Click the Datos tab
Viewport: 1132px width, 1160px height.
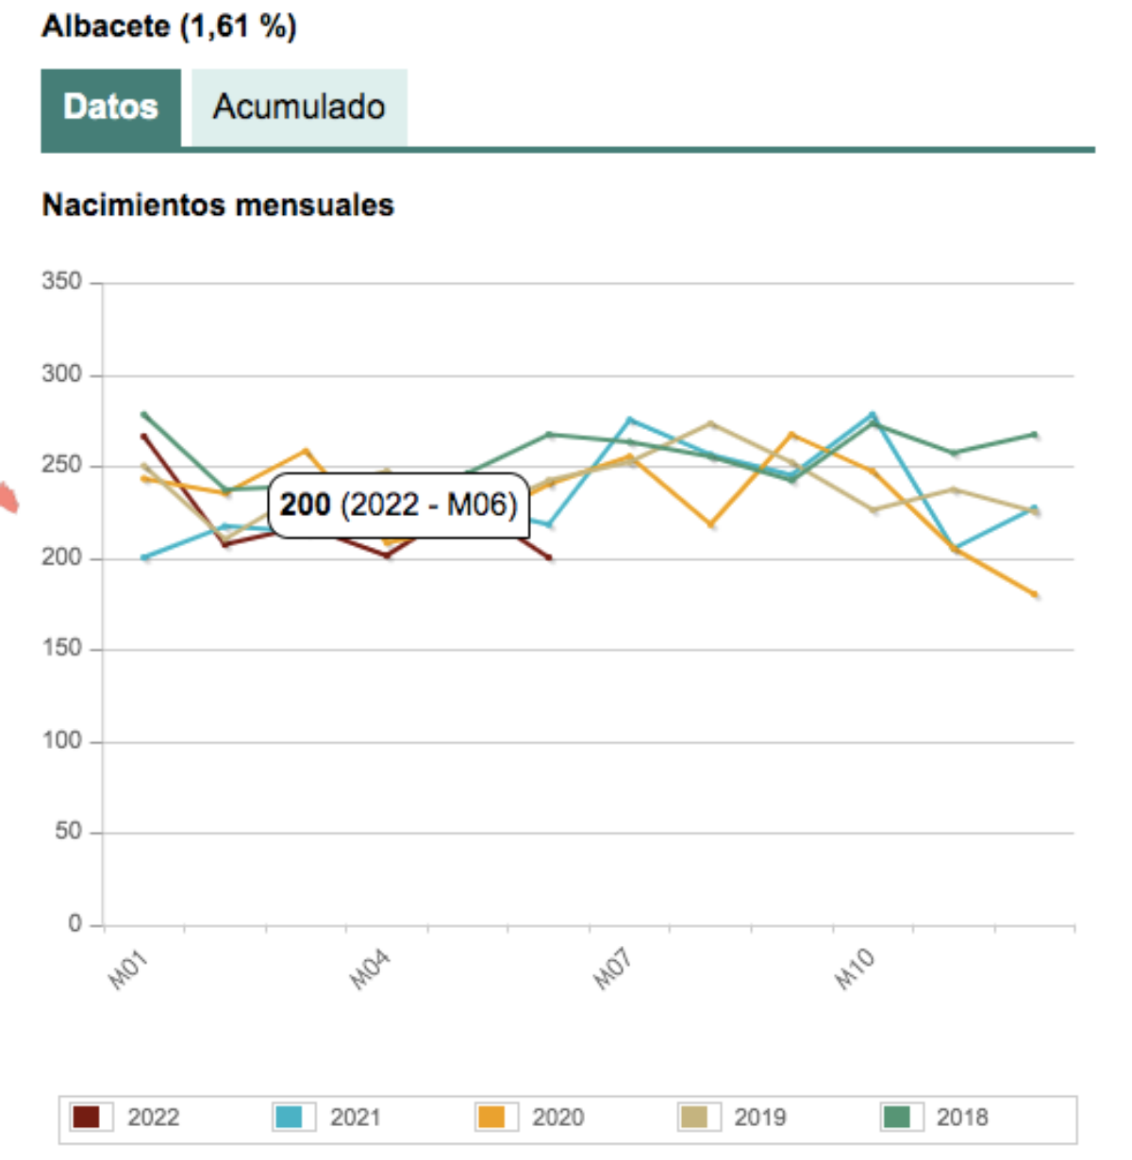(x=110, y=107)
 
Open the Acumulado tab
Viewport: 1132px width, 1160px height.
(x=299, y=107)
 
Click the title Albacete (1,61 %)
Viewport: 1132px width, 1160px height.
(x=169, y=25)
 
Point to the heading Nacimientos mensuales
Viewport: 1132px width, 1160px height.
(x=218, y=205)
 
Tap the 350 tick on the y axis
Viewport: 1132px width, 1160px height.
(x=61, y=281)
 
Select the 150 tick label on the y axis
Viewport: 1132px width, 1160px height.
(x=61, y=649)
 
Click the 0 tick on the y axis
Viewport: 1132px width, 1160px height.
(x=75, y=923)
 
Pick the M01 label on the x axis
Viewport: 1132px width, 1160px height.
(x=128, y=970)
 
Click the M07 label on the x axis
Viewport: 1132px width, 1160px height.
(x=612, y=970)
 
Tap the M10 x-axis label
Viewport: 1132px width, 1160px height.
(x=855, y=970)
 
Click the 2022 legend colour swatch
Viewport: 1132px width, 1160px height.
(x=86, y=1117)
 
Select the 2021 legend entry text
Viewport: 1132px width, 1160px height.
(x=355, y=1118)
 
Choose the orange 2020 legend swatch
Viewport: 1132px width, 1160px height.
(x=491, y=1117)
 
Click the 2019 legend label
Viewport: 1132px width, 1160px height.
(x=759, y=1118)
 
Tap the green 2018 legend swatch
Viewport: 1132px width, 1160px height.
(x=895, y=1117)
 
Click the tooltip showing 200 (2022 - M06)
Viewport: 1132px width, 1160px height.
(x=398, y=505)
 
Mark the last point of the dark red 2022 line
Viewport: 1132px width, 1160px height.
(x=549, y=558)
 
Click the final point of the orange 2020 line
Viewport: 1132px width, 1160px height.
(x=1035, y=595)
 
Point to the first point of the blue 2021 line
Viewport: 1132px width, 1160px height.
(x=144, y=557)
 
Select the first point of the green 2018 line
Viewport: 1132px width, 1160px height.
(x=143, y=414)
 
